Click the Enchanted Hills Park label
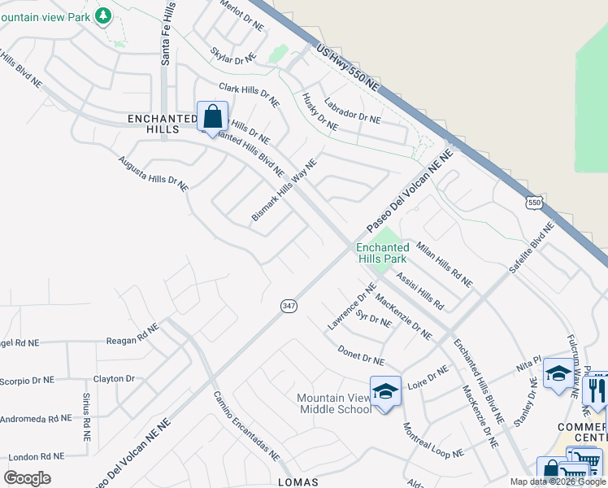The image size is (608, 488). [382, 253]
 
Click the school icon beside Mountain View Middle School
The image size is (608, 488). [385, 391]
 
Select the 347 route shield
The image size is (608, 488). [289, 305]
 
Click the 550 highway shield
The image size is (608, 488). [533, 202]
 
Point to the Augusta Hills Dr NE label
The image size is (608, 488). [153, 174]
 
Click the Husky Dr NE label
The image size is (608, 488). [319, 111]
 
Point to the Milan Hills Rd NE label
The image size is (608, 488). [444, 264]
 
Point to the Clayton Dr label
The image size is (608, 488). [114, 379]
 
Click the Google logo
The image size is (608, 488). [27, 478]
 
